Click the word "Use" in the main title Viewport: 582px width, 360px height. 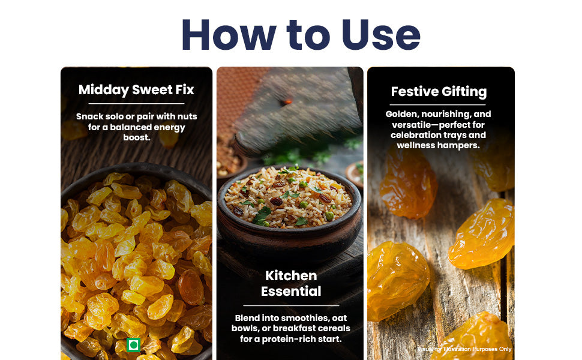(381, 35)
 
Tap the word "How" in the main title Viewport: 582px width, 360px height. (229, 35)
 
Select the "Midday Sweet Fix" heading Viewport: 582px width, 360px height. (136, 90)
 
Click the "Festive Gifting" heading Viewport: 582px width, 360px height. (439, 92)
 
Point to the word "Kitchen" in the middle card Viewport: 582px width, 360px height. (291, 276)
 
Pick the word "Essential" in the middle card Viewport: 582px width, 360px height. (291, 292)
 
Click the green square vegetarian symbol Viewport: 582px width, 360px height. (134, 345)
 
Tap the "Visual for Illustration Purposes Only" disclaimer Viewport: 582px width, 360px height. (464, 349)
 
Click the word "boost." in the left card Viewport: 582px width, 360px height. (137, 137)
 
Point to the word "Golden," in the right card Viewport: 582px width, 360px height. (401, 114)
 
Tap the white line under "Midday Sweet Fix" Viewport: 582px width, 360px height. (136, 104)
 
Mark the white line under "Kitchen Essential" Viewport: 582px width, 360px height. (291, 305)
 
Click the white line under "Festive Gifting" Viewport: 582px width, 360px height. (437, 105)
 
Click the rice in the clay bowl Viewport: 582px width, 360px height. (287, 197)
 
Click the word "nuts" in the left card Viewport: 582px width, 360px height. (187, 116)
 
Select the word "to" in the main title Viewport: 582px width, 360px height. (308, 35)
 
